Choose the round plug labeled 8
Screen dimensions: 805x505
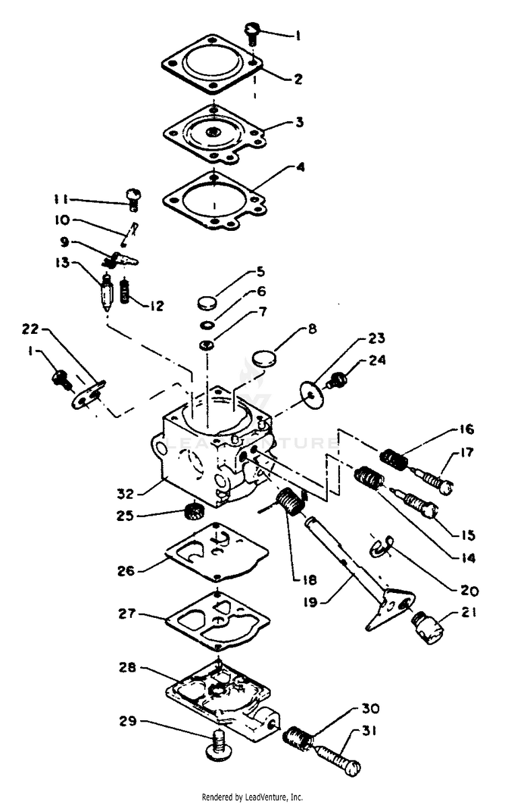coord(265,356)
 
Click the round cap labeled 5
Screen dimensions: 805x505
coord(209,302)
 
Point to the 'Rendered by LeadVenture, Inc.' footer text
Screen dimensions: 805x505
coord(252,797)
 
